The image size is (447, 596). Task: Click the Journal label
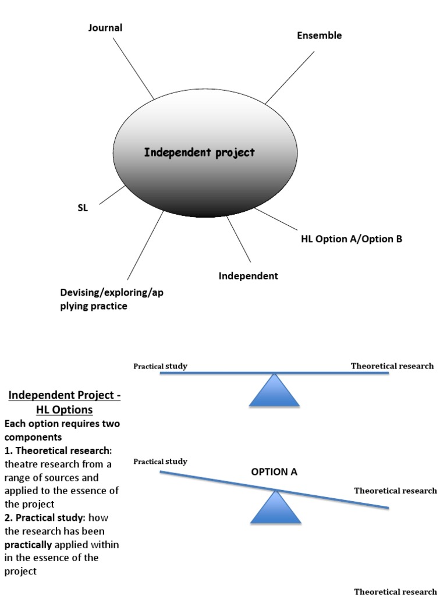[105, 28]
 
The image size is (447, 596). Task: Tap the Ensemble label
[319, 36]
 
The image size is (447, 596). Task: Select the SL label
[83, 208]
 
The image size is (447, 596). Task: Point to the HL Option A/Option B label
[351, 239]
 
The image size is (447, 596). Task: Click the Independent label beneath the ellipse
[248, 276]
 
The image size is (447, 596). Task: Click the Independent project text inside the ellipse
[199, 152]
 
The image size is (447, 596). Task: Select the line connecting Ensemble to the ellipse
[289, 77]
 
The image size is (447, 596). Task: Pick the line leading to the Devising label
[146, 244]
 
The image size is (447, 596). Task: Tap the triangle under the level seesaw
[274, 392]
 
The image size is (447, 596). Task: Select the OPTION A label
[274, 472]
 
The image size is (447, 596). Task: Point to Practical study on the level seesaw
[160, 366]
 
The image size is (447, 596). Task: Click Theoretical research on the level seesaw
[392, 366]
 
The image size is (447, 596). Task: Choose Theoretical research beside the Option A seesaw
[395, 491]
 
